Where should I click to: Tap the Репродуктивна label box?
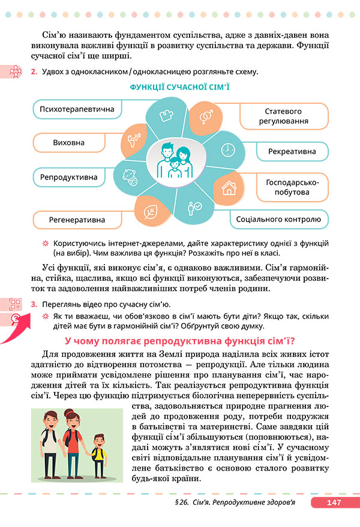68,178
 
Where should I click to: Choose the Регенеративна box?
77,220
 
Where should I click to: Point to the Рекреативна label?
291,151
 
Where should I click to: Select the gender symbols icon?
205,114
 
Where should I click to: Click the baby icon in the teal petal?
129,176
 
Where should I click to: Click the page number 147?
334,503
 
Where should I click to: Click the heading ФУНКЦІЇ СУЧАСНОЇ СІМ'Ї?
179,88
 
